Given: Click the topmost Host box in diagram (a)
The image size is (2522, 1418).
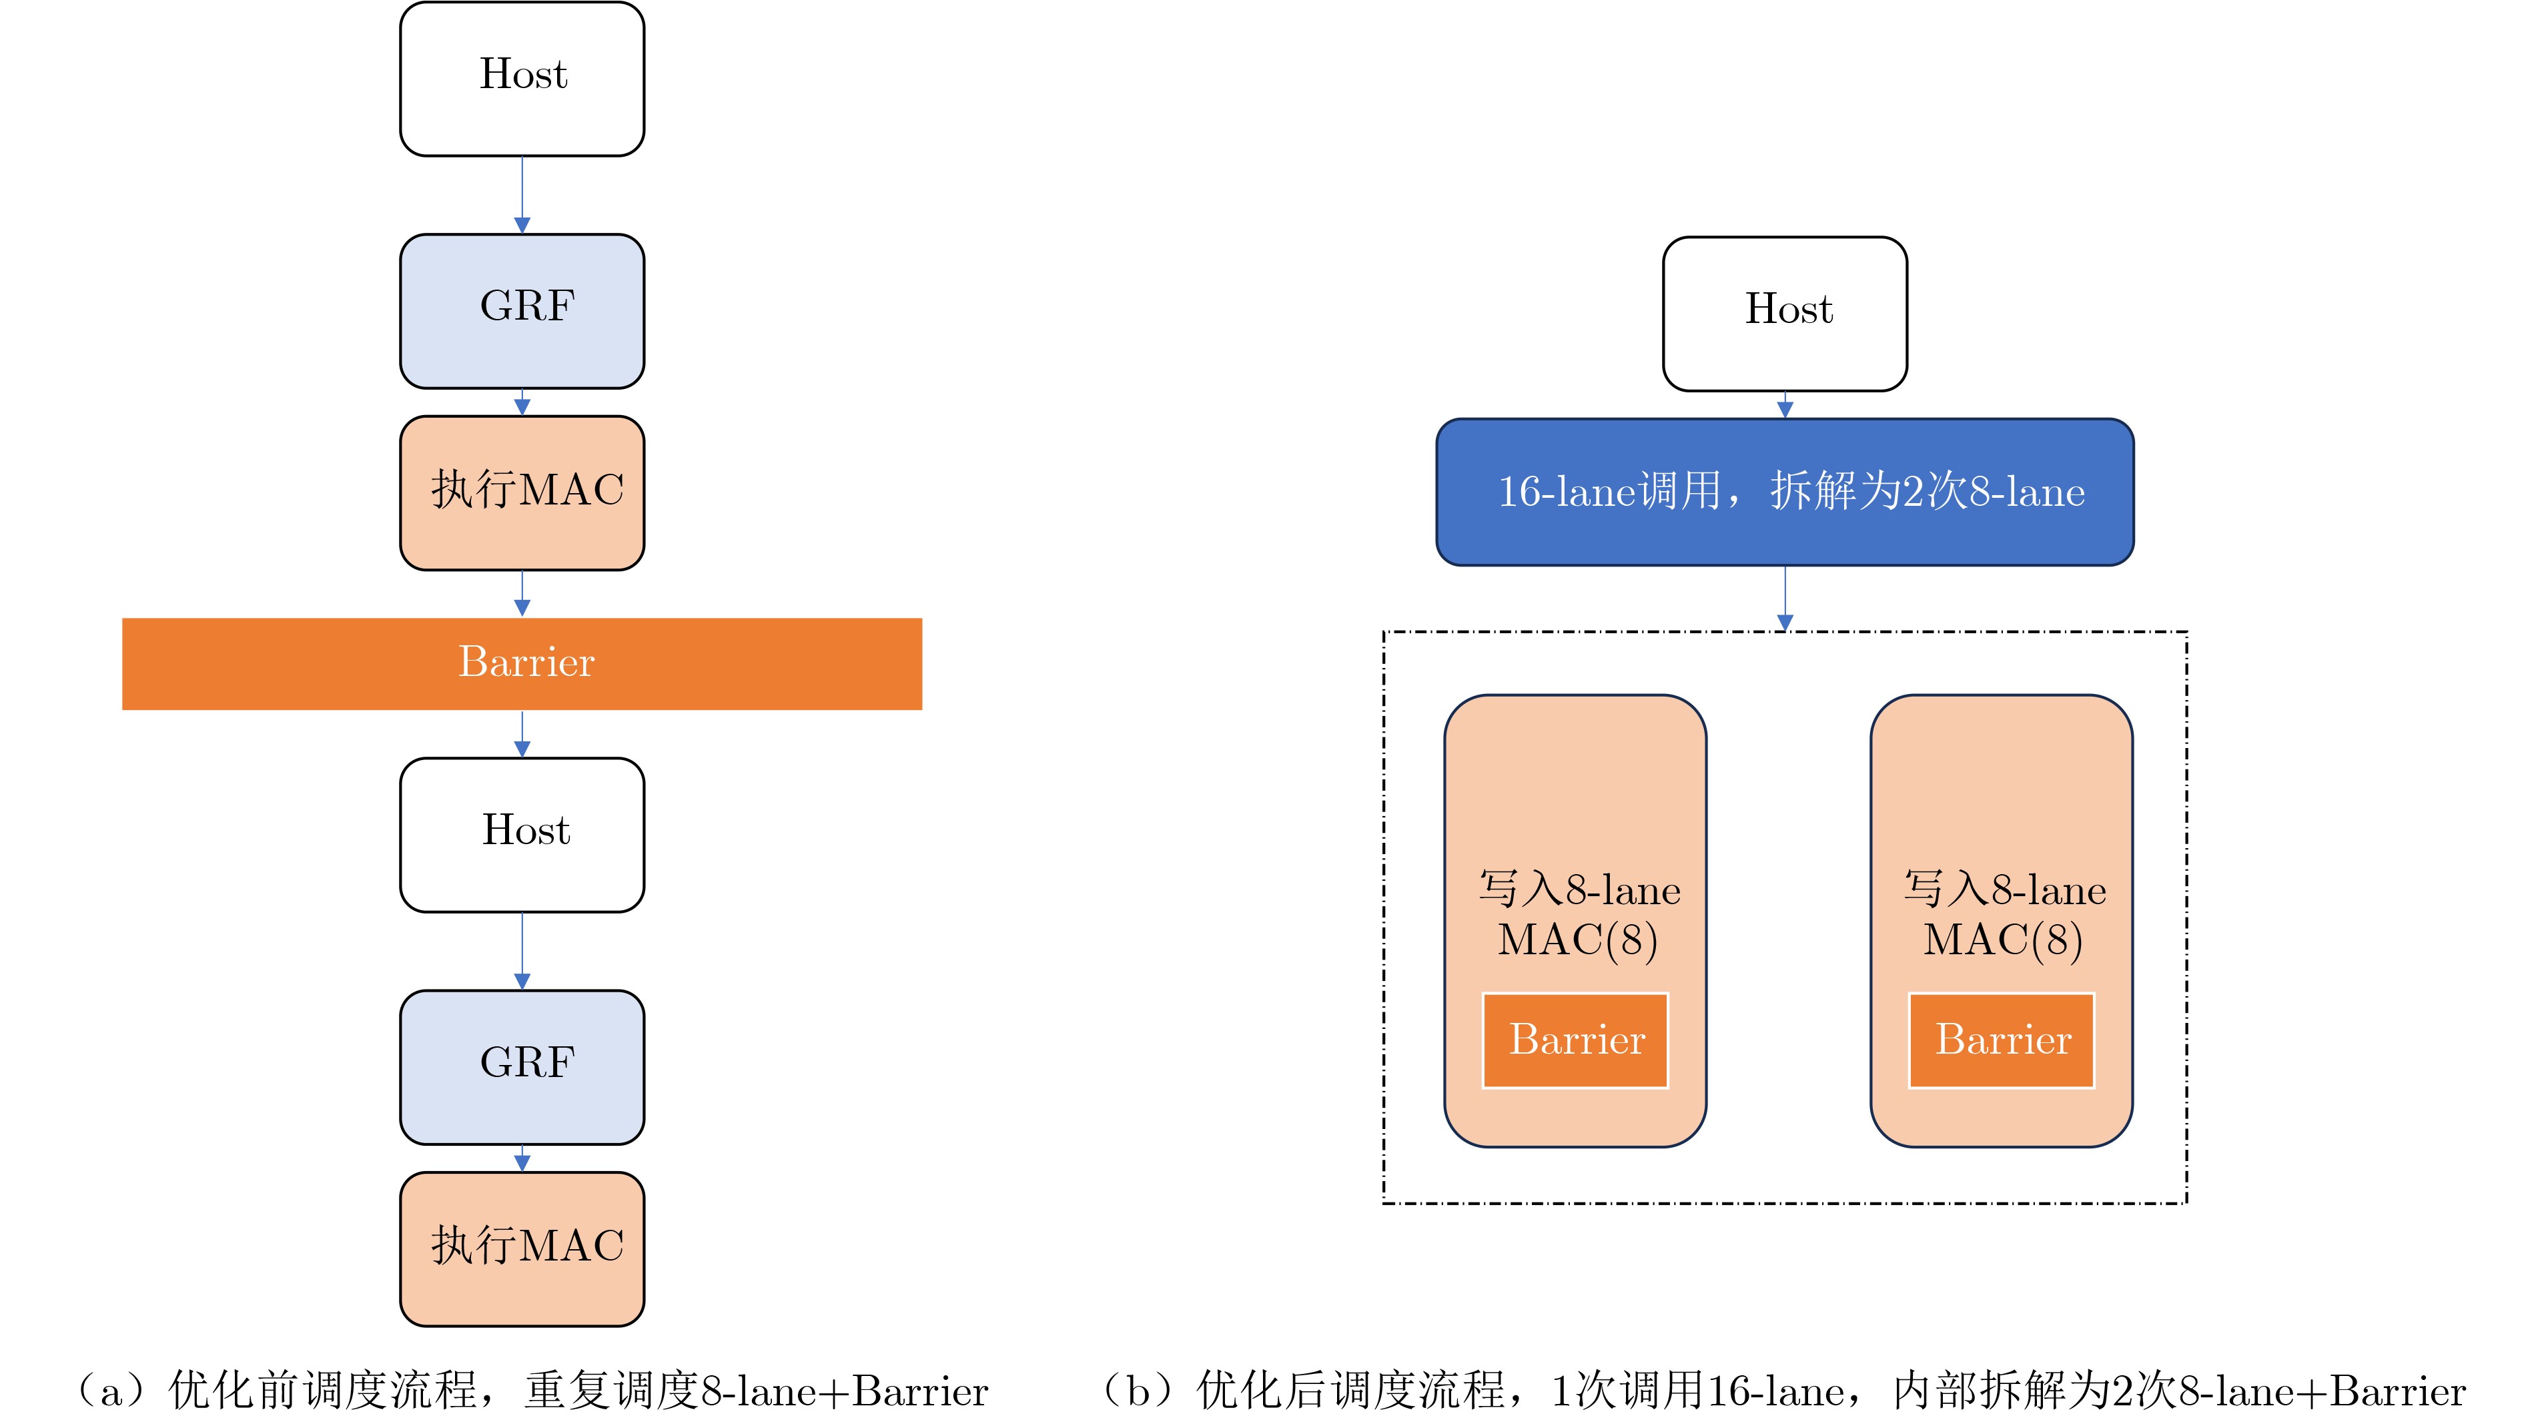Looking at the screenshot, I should [522, 78].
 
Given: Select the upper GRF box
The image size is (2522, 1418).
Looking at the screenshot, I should [522, 310].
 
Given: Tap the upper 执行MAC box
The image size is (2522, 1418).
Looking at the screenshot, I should [522, 492].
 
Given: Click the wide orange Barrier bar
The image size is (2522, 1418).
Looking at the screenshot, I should [522, 663].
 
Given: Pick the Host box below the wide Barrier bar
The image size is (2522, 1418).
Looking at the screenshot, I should [522, 834].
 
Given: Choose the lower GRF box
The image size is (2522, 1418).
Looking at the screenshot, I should [522, 1066].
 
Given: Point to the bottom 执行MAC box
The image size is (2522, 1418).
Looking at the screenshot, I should [522, 1249].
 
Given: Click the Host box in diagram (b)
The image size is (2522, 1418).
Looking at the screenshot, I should [1784, 314].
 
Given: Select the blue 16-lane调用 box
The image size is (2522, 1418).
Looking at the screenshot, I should [1784, 492].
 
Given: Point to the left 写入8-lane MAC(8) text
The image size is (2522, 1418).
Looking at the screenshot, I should [1577, 915].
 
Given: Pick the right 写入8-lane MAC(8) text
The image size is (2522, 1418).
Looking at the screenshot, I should [2004, 915].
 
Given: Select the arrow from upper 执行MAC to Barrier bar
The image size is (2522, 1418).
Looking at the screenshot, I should [522, 593].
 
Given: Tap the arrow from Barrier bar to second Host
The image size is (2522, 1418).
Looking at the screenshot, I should [522, 733].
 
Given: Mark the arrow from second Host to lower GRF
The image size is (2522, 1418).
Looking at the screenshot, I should [522, 951].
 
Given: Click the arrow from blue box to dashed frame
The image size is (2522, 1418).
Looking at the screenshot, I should [1784, 597].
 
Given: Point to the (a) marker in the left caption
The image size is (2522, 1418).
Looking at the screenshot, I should [111, 1391].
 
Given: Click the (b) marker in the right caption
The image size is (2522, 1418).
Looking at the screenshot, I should [1138, 1391].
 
